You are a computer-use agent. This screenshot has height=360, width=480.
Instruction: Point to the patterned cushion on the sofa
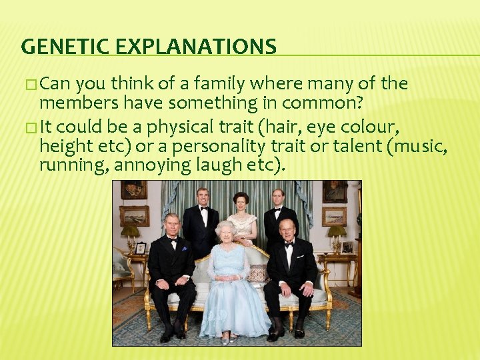[x=257, y=272]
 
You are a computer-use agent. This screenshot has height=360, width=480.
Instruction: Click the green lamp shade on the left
[x=130, y=231]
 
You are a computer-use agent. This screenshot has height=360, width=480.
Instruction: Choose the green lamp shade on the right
[x=337, y=231]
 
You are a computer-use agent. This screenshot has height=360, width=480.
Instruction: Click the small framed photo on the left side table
[x=141, y=248]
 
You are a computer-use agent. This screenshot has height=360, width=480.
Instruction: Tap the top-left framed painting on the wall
[x=133, y=190]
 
